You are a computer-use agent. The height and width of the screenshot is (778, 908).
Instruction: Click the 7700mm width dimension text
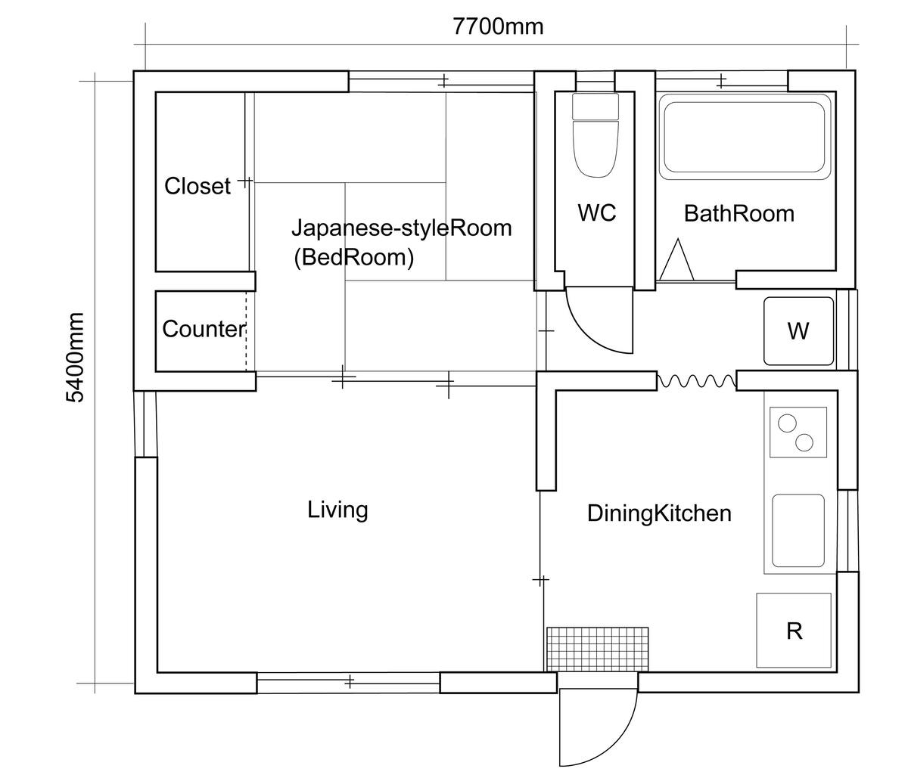[498, 26]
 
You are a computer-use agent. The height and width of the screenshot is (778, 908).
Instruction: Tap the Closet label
[197, 186]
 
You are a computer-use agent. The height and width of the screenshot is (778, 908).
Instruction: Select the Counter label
[204, 329]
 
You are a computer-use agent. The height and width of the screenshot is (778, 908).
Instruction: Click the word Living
[337, 510]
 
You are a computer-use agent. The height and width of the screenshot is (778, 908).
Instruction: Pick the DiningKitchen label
[659, 513]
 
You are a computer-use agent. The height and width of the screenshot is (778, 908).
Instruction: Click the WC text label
[596, 212]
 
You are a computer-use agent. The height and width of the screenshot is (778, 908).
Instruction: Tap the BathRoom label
[739, 214]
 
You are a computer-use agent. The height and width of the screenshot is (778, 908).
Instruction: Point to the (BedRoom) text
[353, 258]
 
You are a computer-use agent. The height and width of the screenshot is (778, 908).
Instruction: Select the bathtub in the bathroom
[745, 137]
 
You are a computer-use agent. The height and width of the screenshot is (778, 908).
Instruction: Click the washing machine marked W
[798, 331]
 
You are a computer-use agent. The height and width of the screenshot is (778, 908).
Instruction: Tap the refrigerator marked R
[793, 630]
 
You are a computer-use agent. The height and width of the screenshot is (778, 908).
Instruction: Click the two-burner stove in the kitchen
[798, 432]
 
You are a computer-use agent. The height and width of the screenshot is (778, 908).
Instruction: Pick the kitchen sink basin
[798, 531]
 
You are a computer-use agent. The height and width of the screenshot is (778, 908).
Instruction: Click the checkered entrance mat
[597, 649]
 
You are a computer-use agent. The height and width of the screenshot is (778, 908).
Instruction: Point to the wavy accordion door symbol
[696, 381]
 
